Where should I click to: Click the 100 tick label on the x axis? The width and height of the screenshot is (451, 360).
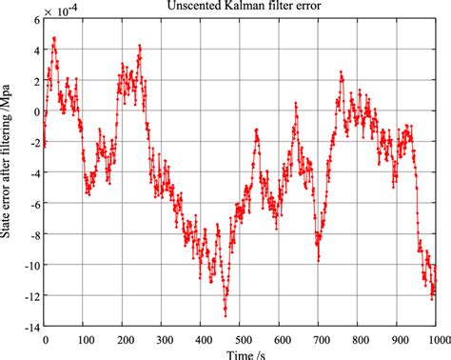[x=85, y=338]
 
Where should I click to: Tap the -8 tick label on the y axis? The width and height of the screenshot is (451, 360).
[x=32, y=234]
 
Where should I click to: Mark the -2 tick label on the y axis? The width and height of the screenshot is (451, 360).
[x=32, y=143]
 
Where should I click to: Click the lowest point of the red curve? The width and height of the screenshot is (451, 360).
[x=225, y=315]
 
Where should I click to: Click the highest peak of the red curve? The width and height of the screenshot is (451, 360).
[x=54, y=38]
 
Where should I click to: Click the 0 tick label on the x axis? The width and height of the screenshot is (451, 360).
[x=46, y=338]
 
